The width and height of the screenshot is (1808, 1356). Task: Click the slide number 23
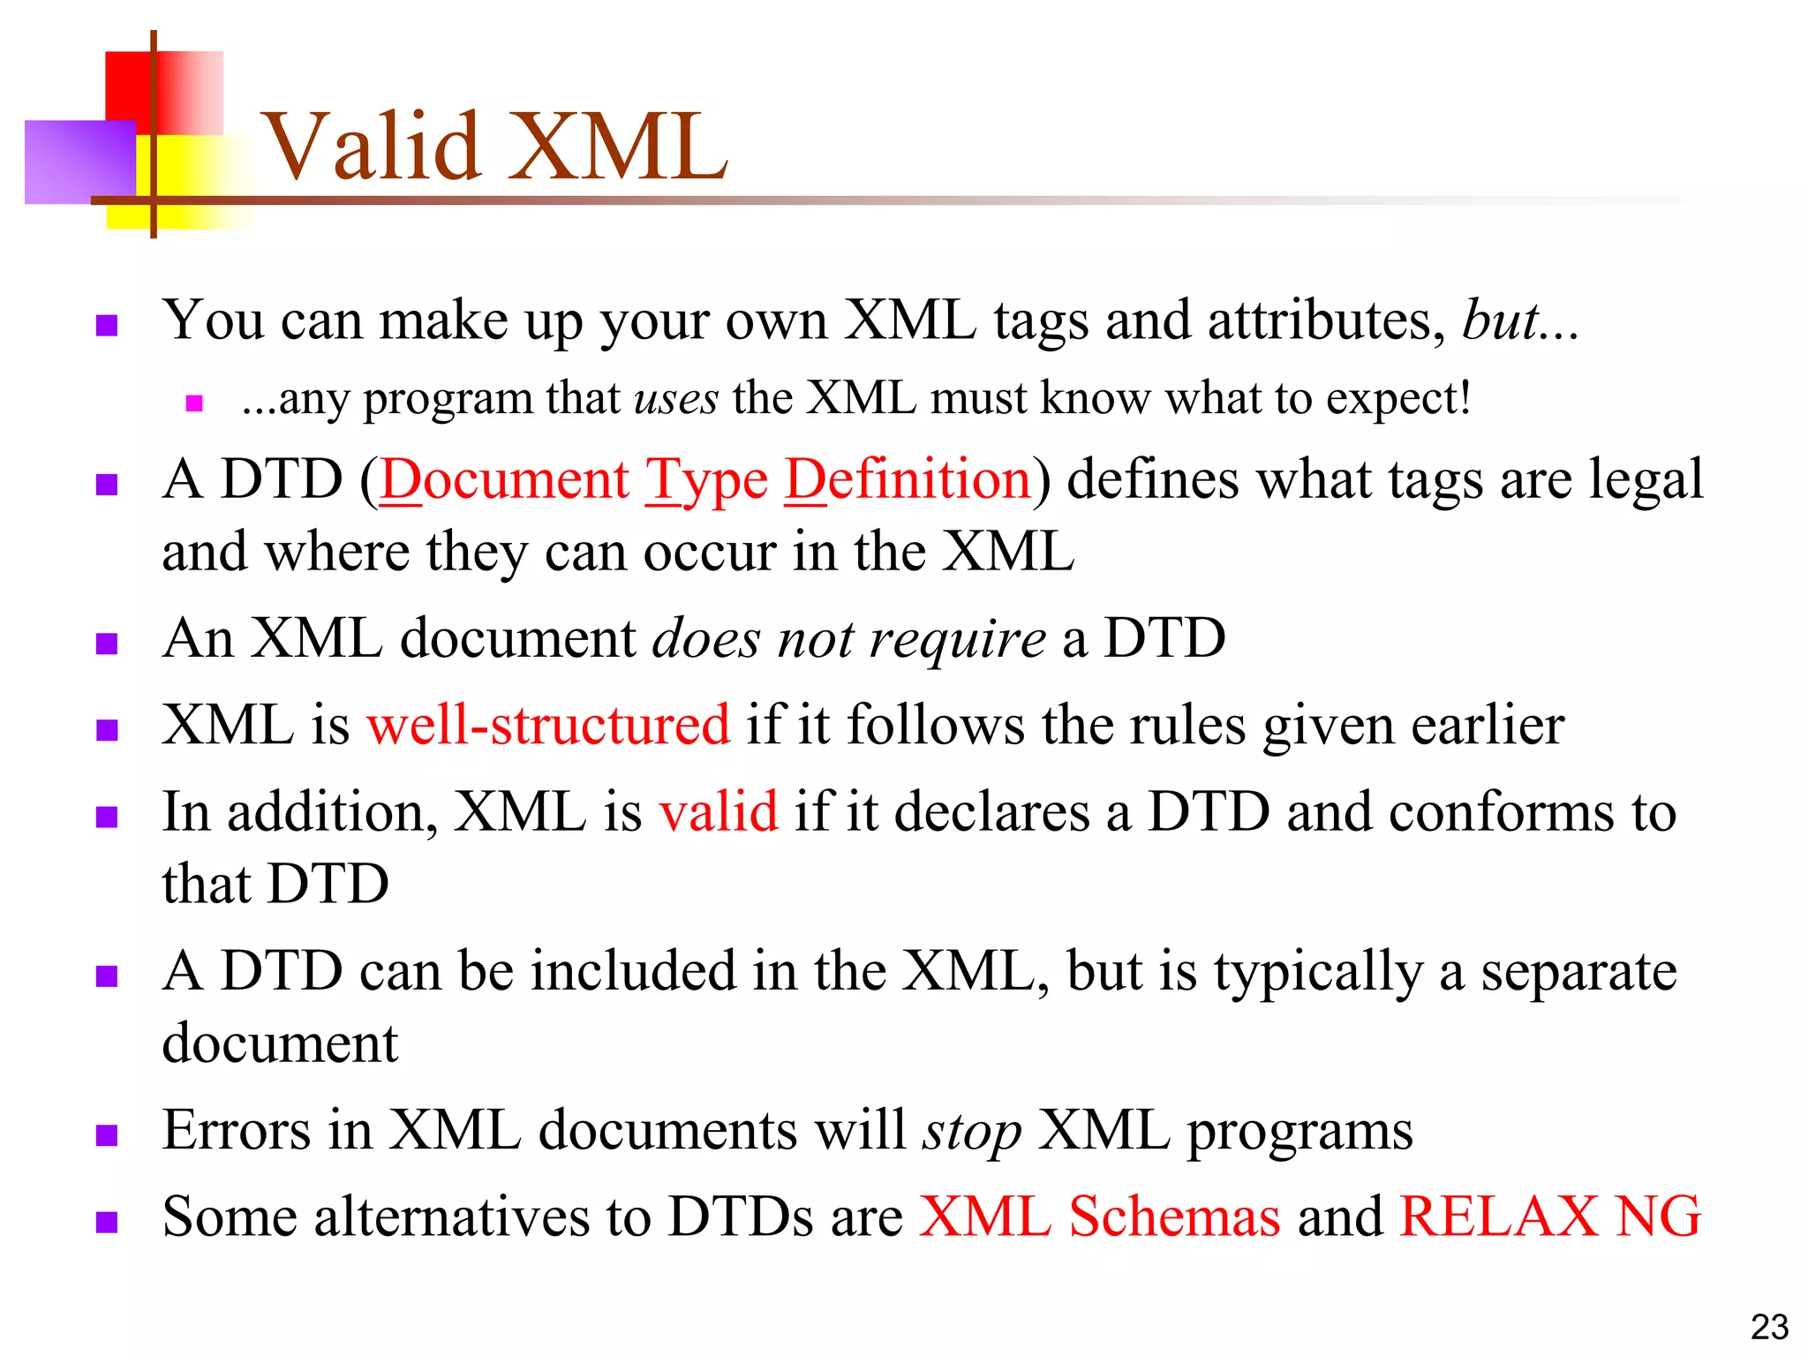coord(1769,1327)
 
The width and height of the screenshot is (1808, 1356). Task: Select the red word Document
coord(504,481)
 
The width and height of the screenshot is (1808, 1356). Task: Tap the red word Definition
coord(908,481)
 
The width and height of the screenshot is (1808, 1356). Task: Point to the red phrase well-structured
coord(548,726)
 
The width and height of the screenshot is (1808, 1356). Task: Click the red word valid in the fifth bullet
coord(719,812)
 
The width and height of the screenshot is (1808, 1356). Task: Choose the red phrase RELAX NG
coord(1550,1217)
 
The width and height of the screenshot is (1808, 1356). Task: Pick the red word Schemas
coord(1174,1217)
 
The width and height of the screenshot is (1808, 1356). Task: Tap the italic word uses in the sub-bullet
coord(676,399)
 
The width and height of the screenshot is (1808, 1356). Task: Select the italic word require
coord(957,639)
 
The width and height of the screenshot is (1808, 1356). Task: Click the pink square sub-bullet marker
coord(195,404)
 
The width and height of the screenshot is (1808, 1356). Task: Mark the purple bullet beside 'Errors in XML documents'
coord(107,1135)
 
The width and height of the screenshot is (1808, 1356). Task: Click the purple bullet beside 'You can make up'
coord(107,326)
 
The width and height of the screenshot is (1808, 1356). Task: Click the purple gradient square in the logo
coord(79,162)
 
